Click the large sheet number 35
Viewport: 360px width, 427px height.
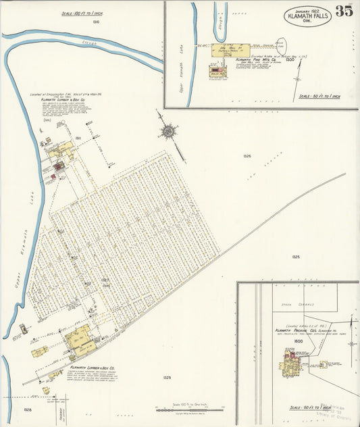[x=343, y=11]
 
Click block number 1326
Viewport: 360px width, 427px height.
[x=247, y=155]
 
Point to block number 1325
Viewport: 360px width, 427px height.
[x=296, y=257]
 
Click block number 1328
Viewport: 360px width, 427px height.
[x=27, y=409]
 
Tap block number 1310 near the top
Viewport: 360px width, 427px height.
[x=97, y=22]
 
